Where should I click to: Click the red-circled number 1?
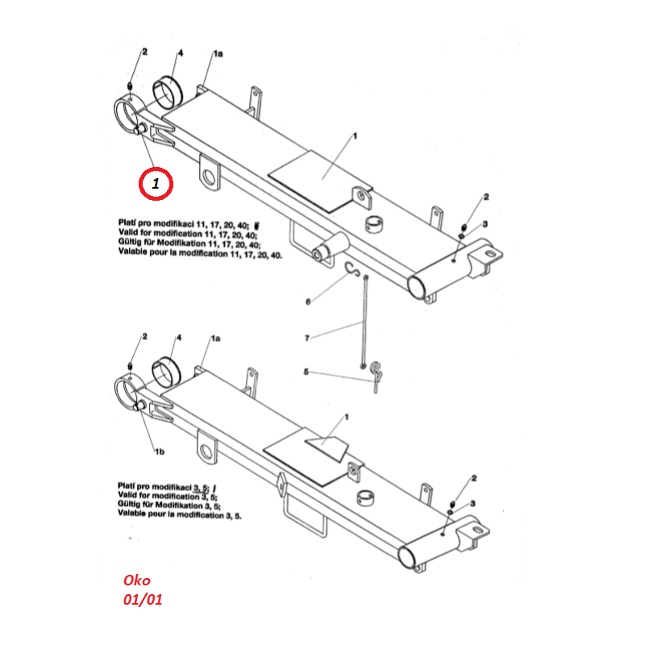156,184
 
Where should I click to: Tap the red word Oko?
137,580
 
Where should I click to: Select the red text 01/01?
143,599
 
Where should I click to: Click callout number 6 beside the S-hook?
308,302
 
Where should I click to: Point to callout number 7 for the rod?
307,338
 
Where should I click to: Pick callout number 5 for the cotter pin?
306,372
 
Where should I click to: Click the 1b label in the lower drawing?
160,451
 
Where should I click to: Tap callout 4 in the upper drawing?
180,53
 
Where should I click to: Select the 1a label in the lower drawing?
215,338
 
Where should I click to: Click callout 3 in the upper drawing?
485,224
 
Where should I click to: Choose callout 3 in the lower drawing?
473,503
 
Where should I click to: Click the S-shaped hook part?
352,269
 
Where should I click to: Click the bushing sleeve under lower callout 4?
167,372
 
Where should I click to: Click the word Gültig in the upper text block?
130,243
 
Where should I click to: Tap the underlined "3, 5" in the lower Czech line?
201,489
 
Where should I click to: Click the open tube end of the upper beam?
417,286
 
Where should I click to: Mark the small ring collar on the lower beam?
365,499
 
